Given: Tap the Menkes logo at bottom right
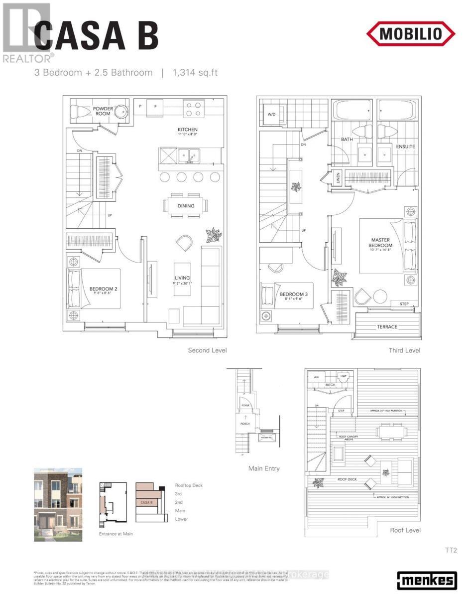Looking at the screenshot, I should click(427, 580).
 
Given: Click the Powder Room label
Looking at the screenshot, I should click(103, 111).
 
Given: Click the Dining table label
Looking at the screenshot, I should click(186, 206).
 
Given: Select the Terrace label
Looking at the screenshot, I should click(387, 327).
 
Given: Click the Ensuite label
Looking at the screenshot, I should click(405, 147).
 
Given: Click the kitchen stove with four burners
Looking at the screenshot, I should click(193, 109).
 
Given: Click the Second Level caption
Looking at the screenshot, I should click(207, 350).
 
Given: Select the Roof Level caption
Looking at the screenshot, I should click(404, 530).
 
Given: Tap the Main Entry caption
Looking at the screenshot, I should click(264, 468).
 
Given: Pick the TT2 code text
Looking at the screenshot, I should click(451, 551).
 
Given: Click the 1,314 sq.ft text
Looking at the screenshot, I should click(195, 73).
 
